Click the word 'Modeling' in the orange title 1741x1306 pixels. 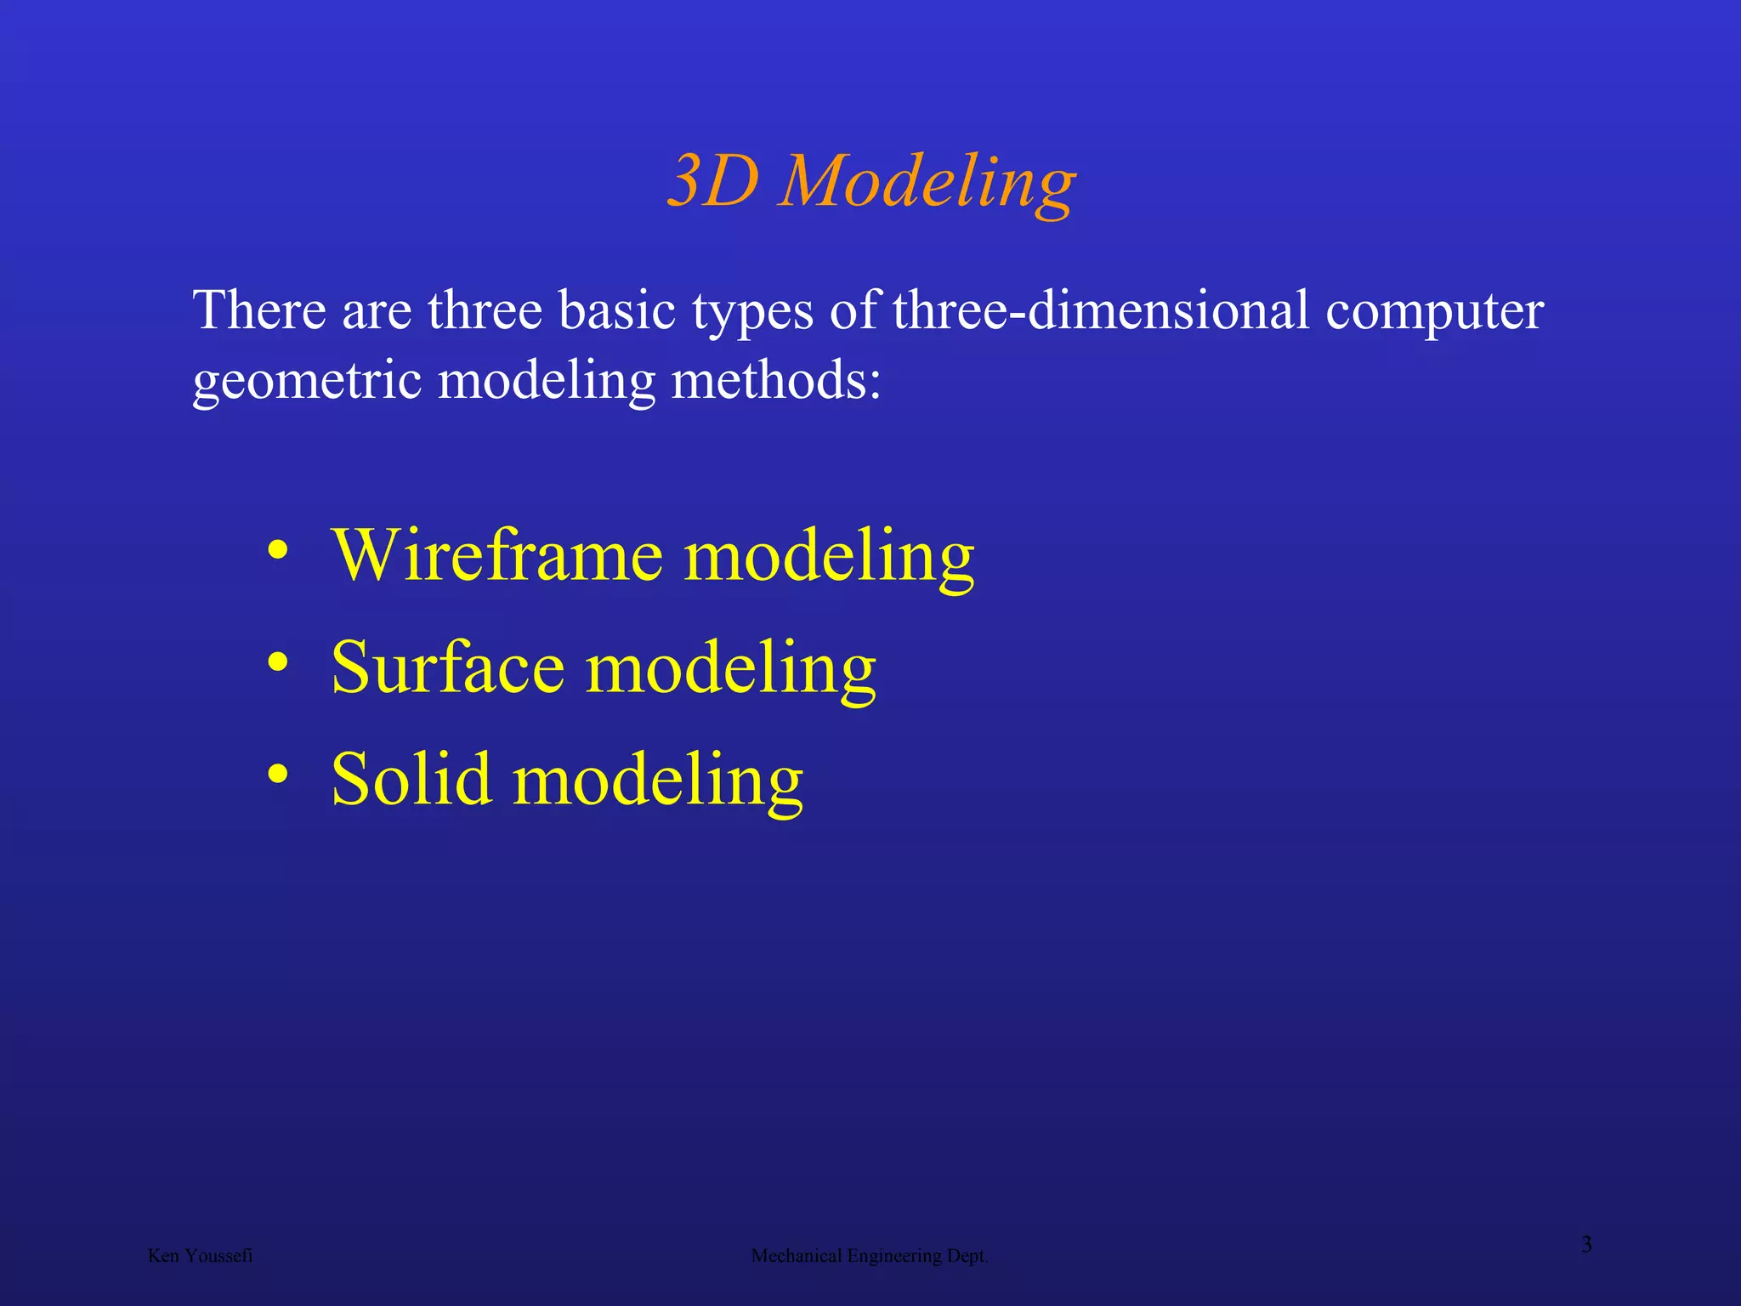point(927,184)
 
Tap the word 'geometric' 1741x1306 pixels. point(307,381)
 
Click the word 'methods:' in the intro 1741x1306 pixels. point(776,379)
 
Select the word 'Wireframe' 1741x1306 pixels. point(497,554)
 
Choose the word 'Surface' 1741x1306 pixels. point(448,667)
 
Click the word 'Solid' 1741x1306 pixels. point(411,779)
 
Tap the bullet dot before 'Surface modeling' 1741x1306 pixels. point(277,662)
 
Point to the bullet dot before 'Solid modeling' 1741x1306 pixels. point(277,774)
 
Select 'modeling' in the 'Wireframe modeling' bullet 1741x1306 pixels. point(829,558)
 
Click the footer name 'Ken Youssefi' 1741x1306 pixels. point(200,1256)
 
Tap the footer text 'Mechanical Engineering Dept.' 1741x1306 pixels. point(869,1256)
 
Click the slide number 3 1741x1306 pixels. point(1586,1245)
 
